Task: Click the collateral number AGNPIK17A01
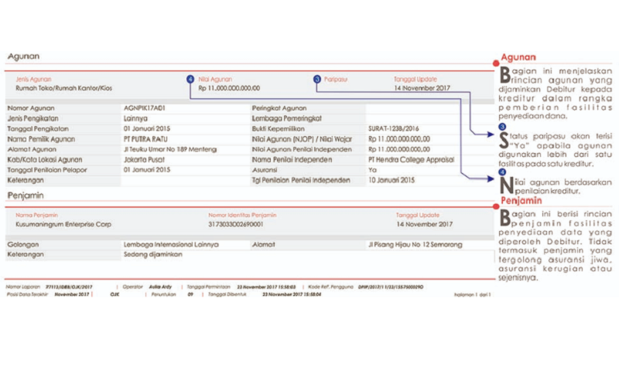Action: coord(144,109)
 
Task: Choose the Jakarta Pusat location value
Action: coord(144,159)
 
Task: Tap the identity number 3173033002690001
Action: coord(236,223)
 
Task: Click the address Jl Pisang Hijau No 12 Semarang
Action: coord(416,244)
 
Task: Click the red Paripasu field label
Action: coord(335,79)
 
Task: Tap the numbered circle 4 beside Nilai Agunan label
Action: coord(190,79)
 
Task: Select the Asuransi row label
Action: coord(265,169)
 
